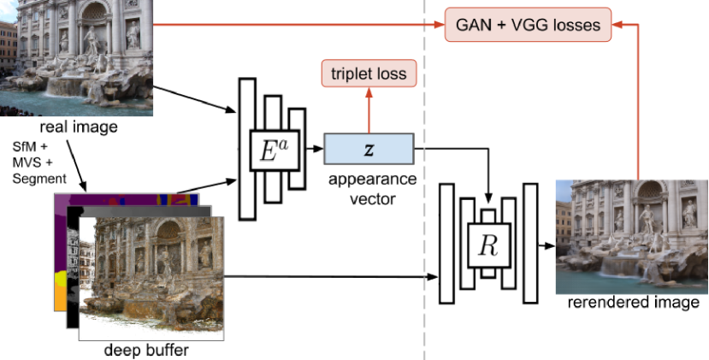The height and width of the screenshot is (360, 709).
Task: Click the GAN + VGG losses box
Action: [528, 25]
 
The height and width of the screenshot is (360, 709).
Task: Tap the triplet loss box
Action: [369, 74]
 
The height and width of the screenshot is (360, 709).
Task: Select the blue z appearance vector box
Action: [369, 148]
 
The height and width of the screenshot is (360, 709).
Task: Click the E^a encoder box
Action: [275, 150]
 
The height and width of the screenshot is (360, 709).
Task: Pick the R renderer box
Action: [489, 245]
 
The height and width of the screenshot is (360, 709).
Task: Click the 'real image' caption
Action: [79, 127]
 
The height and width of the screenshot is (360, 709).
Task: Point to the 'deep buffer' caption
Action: [146, 350]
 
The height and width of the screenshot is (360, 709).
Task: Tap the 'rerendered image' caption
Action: [633, 302]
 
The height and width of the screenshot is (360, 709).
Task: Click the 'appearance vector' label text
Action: [372, 189]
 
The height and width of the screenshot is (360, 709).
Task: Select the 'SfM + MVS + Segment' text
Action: [39, 162]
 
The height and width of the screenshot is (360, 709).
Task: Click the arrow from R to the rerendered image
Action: [547, 245]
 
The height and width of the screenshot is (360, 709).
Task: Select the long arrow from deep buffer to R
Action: [331, 276]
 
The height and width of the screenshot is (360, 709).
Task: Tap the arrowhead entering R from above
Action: [488, 198]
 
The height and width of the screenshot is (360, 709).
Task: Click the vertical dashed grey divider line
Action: [424, 180]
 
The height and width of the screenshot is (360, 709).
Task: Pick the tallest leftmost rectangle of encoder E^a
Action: [247, 149]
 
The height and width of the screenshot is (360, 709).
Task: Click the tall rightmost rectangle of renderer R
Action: [530, 243]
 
